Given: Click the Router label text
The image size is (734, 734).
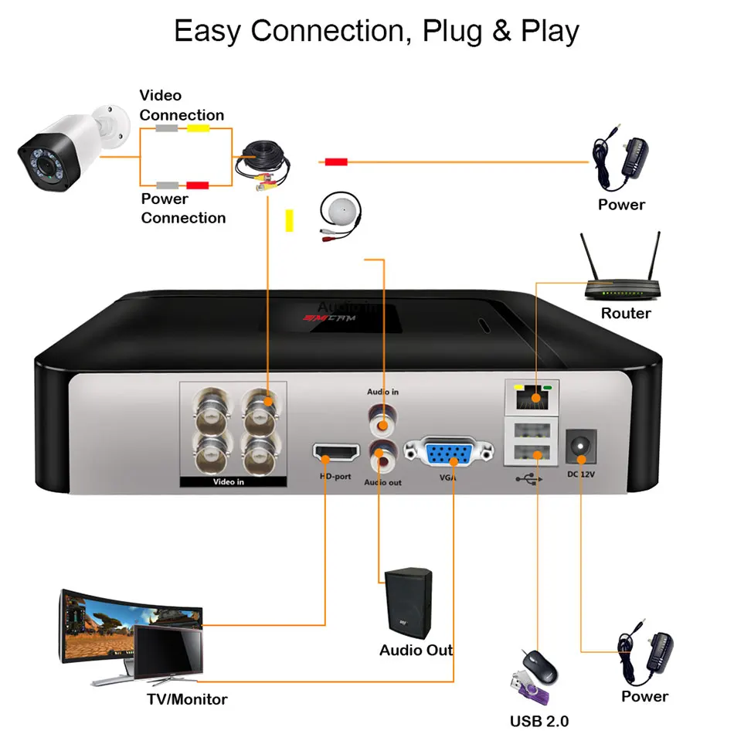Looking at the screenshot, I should pyautogui.click(x=626, y=313).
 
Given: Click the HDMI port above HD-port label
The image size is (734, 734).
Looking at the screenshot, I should pyautogui.click(x=336, y=453).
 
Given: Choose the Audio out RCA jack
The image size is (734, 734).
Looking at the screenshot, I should pyautogui.click(x=382, y=457).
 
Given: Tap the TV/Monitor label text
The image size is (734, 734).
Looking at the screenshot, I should pyautogui.click(x=187, y=699).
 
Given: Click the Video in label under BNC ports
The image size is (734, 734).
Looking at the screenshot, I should pyautogui.click(x=229, y=482).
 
